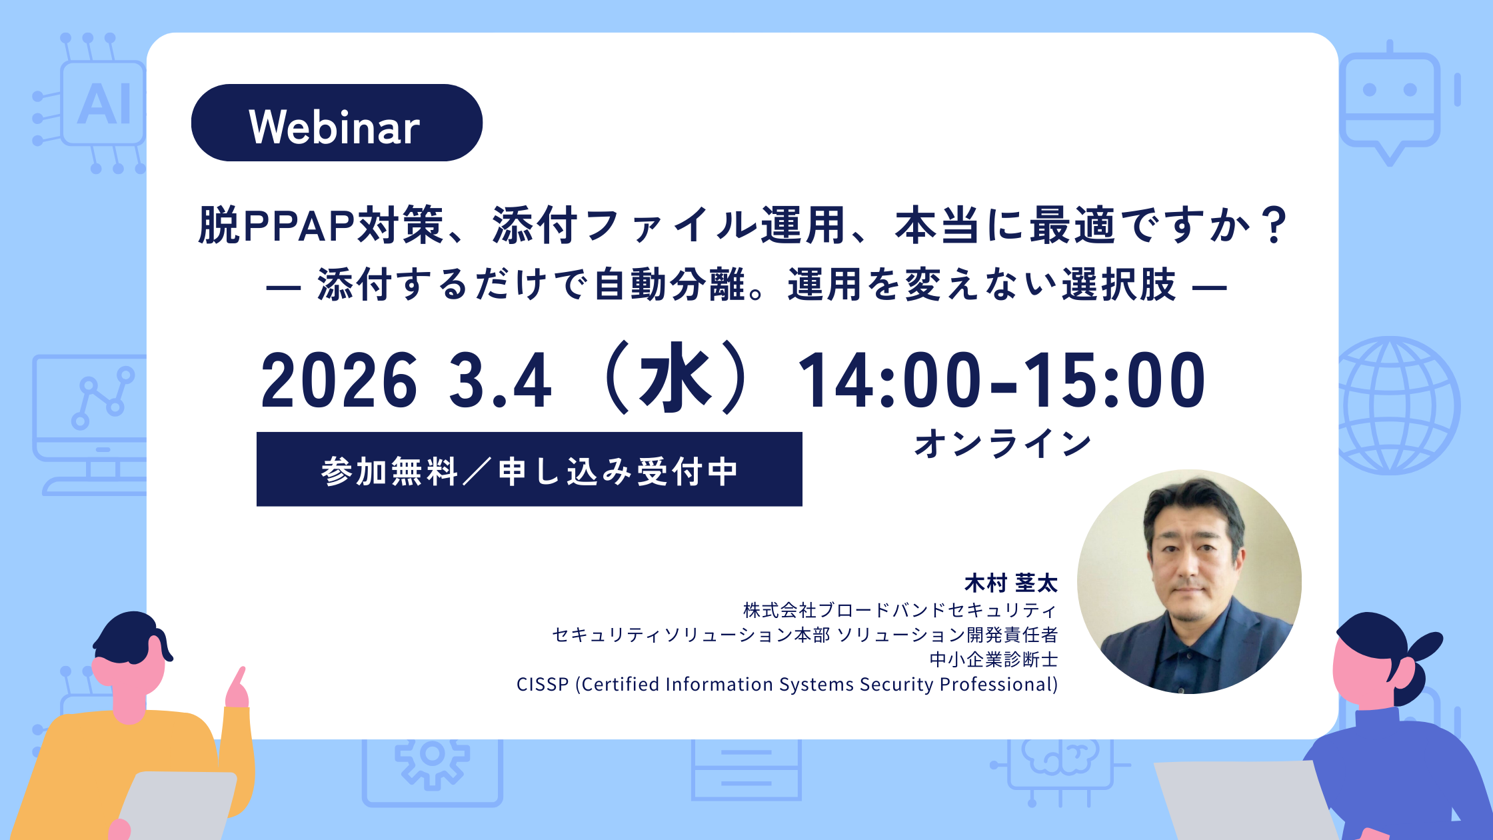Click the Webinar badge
(337, 123)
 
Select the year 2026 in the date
(339, 380)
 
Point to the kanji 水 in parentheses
(675, 378)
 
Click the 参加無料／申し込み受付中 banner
(529, 469)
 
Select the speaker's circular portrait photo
(1189, 582)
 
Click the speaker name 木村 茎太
(1011, 583)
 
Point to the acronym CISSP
(543, 685)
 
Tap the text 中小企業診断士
(994, 659)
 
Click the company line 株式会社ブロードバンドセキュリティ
(900, 610)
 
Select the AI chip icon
(93, 103)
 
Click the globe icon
(1398, 405)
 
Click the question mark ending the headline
(1274, 225)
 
